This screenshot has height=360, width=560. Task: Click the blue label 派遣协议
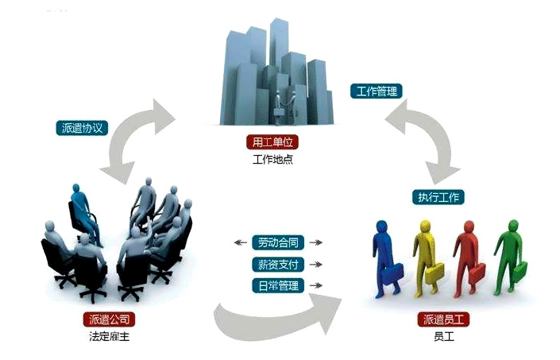point(82,128)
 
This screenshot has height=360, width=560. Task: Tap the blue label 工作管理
point(377,91)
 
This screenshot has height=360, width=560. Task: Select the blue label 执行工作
point(438,197)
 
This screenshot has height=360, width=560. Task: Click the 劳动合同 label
point(278,242)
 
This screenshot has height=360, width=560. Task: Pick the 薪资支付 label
point(278,265)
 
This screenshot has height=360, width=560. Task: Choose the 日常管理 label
point(278,286)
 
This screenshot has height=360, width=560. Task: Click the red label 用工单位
point(272,142)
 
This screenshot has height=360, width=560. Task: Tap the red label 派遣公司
point(110,319)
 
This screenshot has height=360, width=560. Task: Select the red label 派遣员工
point(443,319)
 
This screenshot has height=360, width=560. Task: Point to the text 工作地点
point(272,159)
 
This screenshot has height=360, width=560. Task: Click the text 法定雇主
point(110,336)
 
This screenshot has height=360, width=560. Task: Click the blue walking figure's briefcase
point(393,273)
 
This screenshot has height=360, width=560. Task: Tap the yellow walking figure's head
point(425,226)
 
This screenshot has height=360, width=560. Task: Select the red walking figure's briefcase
point(477,273)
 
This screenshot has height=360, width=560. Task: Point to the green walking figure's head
point(513,226)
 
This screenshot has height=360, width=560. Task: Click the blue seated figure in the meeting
point(84,215)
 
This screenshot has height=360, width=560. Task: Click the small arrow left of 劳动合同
point(241,243)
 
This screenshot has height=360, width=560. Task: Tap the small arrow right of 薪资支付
point(315,265)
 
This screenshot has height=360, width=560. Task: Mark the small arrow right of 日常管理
point(315,286)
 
